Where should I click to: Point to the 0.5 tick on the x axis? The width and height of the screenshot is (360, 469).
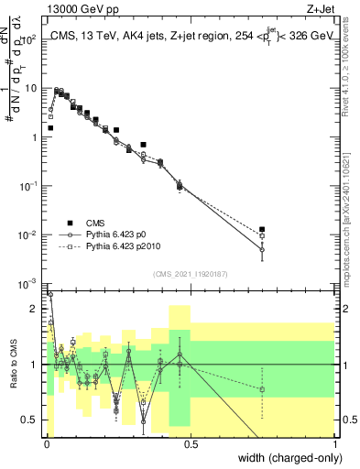coord(191,444)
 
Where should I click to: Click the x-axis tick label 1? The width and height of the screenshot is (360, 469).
coord(335,444)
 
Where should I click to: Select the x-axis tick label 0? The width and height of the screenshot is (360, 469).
coord(47,444)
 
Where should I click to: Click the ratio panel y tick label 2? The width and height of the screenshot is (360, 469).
coord(34,309)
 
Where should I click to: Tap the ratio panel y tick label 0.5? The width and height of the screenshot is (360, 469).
coord(30,420)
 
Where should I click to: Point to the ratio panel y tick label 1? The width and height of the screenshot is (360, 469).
coord(34,365)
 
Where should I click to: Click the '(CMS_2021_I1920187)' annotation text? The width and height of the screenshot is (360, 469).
coord(191,274)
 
